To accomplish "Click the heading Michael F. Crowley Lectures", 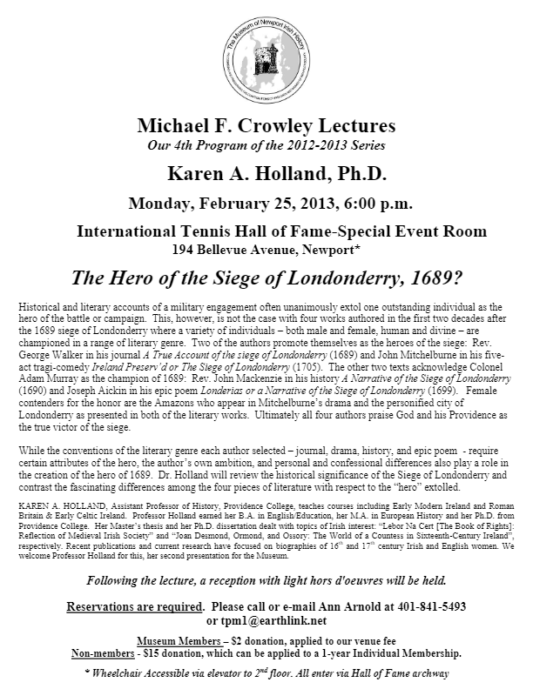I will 266,125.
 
